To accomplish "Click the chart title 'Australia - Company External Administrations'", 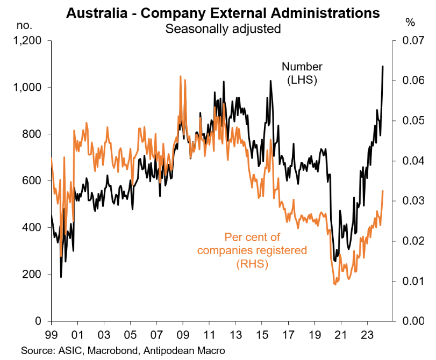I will pyautogui.click(x=223, y=12).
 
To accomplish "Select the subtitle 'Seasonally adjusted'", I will pyautogui.click(x=223, y=28).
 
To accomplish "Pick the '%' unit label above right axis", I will pyautogui.click(x=410, y=23).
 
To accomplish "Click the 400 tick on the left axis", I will pyautogui.click(x=36, y=228).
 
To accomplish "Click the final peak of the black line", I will pyautogui.click(x=382, y=67).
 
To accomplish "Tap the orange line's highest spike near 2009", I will pyautogui.click(x=180, y=76).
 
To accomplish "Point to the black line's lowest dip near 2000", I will pyautogui.click(x=61, y=277).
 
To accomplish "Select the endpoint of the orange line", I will pyautogui.click(x=382, y=191).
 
